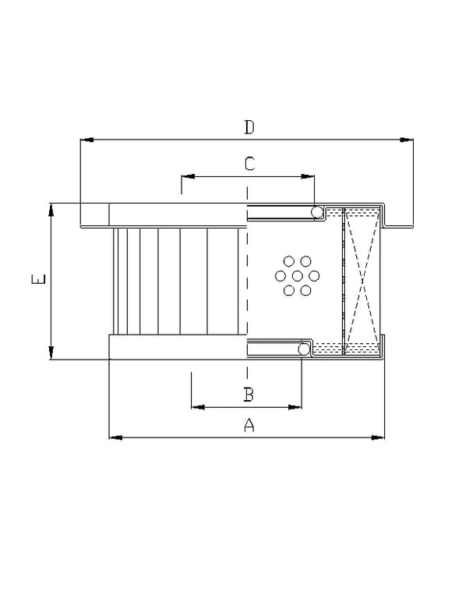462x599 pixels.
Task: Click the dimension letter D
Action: click(249, 127)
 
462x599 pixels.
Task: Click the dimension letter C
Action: click(249, 164)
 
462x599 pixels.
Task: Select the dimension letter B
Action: click(249, 394)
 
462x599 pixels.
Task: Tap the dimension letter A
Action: click(249, 425)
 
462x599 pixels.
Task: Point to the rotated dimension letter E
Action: click(38, 279)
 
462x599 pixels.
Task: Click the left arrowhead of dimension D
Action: click(87, 140)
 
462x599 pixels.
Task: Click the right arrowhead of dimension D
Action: click(407, 140)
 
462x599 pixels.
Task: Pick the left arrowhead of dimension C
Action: click(188, 176)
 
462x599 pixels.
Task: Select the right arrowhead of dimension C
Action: click(308, 176)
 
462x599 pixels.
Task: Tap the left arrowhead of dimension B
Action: click(198, 407)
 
